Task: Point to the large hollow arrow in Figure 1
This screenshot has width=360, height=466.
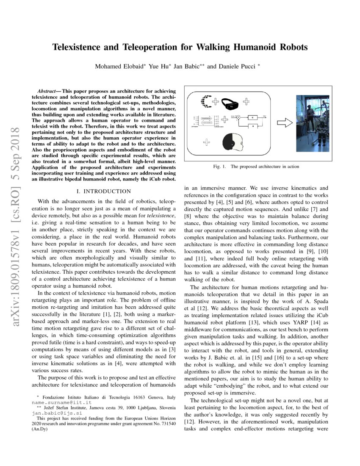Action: coord(284,123)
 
